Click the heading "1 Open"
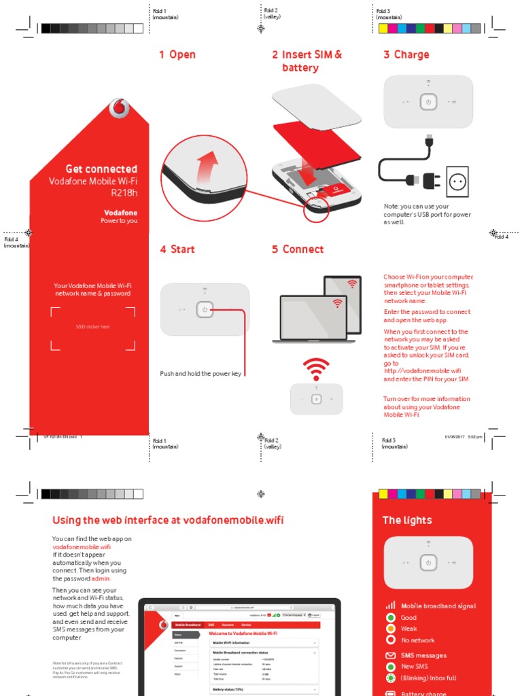pyautogui.click(x=177, y=54)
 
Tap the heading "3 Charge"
pyautogui.click(x=406, y=54)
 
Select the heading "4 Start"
pyautogui.click(x=177, y=249)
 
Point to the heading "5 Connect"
pyautogui.click(x=298, y=249)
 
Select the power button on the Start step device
pyautogui.click(x=205, y=310)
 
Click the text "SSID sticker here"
pyautogui.click(x=92, y=327)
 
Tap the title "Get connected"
pyautogui.click(x=101, y=169)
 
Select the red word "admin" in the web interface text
pyautogui.click(x=101, y=578)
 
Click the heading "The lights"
pyautogui.click(x=407, y=520)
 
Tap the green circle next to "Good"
pyautogui.click(x=391, y=618)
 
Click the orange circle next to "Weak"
pyautogui.click(x=391, y=629)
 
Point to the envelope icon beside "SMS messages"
pyautogui.click(x=390, y=656)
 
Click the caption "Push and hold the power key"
pyautogui.click(x=201, y=374)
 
